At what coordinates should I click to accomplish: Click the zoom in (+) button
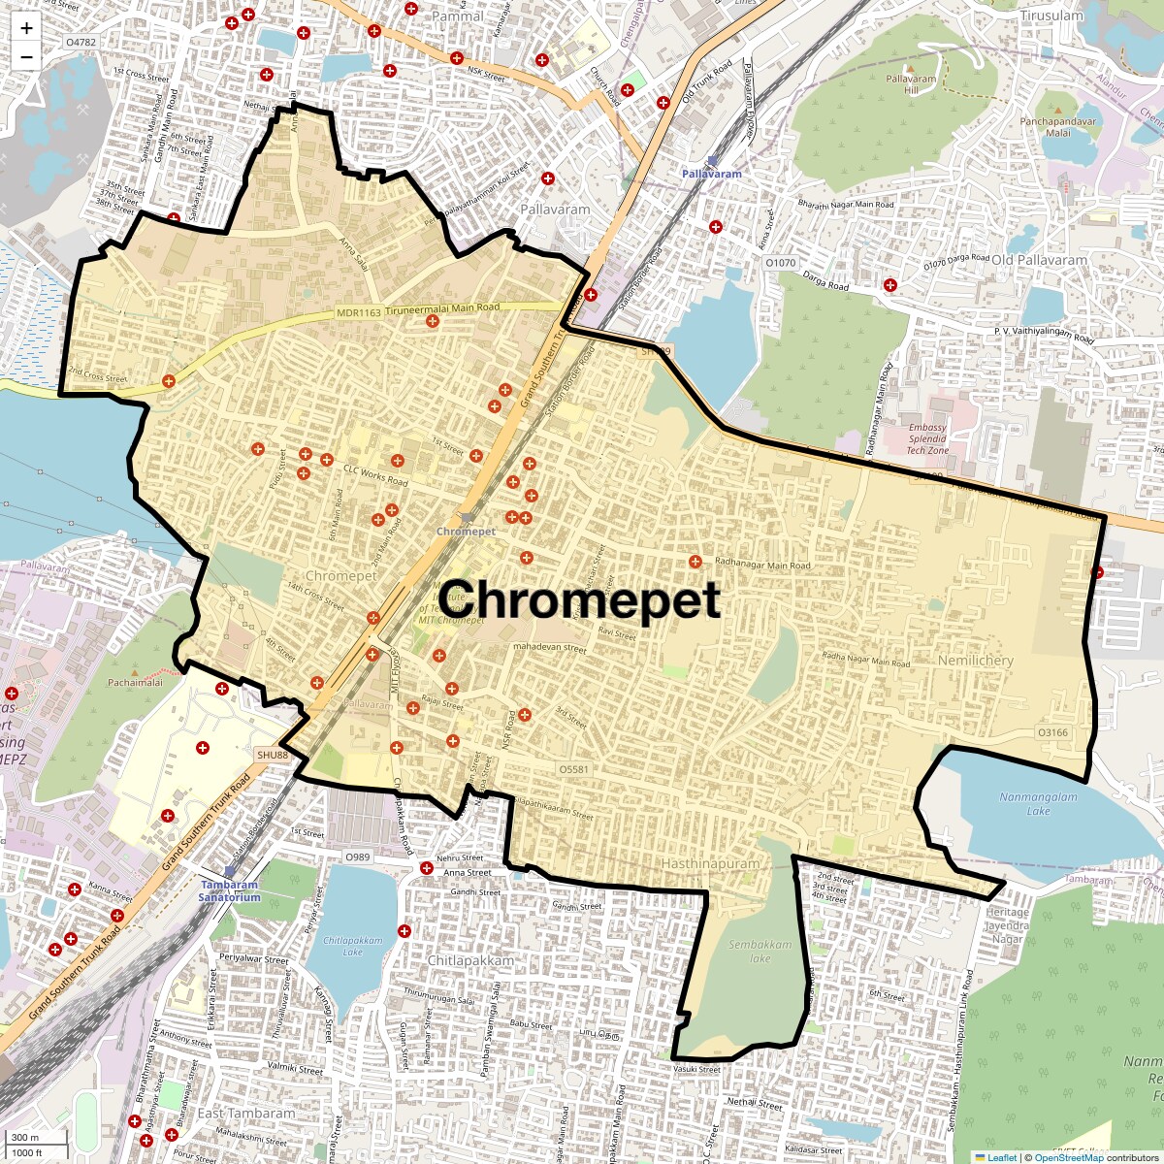(x=26, y=28)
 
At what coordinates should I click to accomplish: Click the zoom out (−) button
(x=26, y=57)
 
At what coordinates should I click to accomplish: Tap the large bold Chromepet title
(x=580, y=599)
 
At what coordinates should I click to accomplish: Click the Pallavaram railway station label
(x=711, y=174)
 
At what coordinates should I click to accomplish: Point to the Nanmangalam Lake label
(x=1038, y=804)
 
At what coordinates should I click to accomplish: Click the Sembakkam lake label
(x=760, y=951)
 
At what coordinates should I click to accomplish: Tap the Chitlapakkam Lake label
(x=352, y=946)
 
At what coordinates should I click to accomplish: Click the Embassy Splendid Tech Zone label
(x=927, y=438)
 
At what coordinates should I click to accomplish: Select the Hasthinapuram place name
(x=710, y=863)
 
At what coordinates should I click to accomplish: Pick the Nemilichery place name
(x=975, y=661)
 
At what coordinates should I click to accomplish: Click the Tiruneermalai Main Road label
(x=442, y=307)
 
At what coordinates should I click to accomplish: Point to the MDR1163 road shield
(x=359, y=313)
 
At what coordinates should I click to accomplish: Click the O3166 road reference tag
(x=1052, y=732)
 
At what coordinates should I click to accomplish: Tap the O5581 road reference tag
(x=573, y=769)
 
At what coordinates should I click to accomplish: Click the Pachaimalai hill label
(x=135, y=683)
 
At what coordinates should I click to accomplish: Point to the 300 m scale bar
(x=26, y=1138)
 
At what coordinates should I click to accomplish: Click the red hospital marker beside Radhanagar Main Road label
(x=695, y=562)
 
